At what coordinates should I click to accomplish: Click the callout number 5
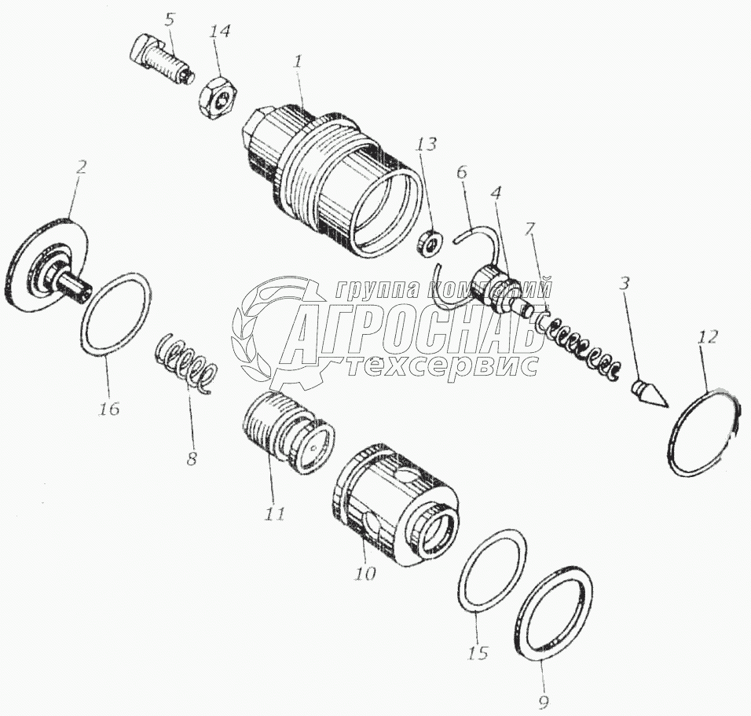coord(169,20)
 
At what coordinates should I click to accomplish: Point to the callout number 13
coord(427,144)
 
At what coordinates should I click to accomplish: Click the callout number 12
coord(708,337)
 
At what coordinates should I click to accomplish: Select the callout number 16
coord(108,409)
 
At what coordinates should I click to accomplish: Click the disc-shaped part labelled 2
coord(47,266)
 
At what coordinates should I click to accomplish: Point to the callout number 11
coord(273,514)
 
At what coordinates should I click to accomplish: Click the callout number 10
coord(365,573)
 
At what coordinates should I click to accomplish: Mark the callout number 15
coord(478,653)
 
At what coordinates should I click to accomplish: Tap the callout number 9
coord(543,702)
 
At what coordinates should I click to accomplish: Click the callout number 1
coord(298,62)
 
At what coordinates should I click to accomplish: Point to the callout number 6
coord(461,173)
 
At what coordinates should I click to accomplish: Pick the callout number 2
coord(81,167)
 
